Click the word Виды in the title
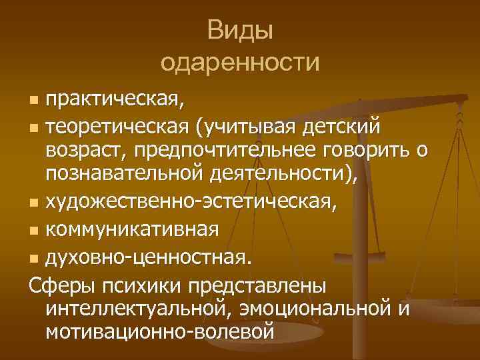click(240, 31)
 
